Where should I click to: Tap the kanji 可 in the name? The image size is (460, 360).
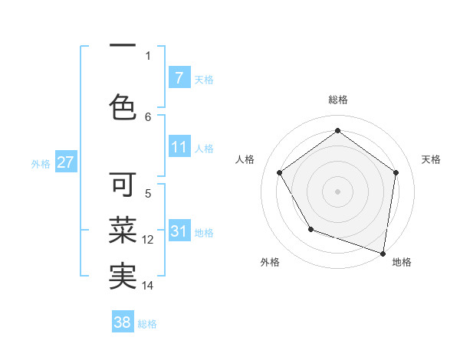123,186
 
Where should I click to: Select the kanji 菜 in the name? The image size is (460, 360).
123,230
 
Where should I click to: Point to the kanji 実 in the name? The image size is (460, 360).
123,276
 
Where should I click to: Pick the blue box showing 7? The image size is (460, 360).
179,77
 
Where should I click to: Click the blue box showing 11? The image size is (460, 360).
179,147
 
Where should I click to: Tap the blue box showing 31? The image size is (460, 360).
179,231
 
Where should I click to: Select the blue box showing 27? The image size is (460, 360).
65,162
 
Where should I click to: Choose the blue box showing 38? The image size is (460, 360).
123,322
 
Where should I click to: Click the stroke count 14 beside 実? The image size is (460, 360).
149,286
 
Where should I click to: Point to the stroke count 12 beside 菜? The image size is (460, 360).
149,240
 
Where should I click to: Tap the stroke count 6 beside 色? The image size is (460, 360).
148,116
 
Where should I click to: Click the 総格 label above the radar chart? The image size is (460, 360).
337,100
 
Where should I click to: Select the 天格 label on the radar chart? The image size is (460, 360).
431,159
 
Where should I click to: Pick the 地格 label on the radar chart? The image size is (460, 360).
402,262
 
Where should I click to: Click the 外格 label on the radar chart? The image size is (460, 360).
270,262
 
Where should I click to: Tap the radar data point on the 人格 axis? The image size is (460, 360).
279,172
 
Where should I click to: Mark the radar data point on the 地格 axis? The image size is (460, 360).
383,253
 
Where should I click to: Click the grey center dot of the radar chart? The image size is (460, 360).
337,191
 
